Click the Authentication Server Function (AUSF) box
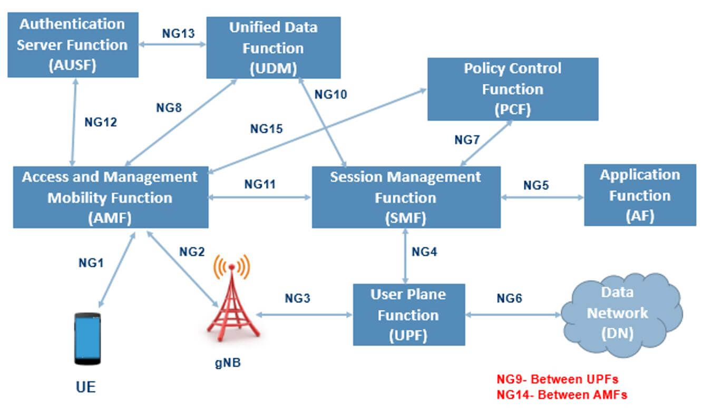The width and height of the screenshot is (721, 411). click(x=73, y=45)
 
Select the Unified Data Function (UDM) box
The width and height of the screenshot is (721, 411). click(x=273, y=47)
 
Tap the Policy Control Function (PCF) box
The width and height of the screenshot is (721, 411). click(x=512, y=89)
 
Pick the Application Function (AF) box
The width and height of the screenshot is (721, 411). click(x=640, y=195)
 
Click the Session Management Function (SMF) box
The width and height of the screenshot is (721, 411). click(x=406, y=197)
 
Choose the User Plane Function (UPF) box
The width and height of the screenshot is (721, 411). click(x=408, y=315)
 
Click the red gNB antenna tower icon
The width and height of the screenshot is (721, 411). click(x=232, y=300)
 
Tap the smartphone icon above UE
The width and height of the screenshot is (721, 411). click(x=87, y=338)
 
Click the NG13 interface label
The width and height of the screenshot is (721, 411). click(x=178, y=34)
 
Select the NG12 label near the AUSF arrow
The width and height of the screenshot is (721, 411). click(x=101, y=122)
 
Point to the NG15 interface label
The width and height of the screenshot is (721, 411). click(x=266, y=128)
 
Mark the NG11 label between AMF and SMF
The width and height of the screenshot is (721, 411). click(x=260, y=184)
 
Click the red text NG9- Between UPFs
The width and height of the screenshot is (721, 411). click(x=557, y=379)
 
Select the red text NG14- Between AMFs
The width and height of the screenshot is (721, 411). click(x=562, y=394)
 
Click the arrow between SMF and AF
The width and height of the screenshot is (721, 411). click(x=542, y=198)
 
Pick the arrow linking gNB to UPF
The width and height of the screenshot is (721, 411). click(x=304, y=315)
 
